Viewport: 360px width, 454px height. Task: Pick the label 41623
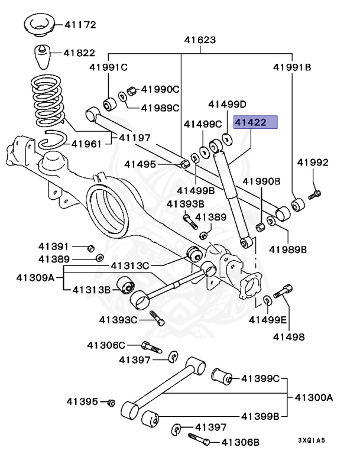200,40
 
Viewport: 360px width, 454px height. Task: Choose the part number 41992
313,163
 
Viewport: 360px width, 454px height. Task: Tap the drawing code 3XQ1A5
311,440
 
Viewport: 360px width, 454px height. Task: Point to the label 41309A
35,277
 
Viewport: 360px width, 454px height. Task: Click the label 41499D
227,105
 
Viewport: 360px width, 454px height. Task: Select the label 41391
54,246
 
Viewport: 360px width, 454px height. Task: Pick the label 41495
140,164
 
